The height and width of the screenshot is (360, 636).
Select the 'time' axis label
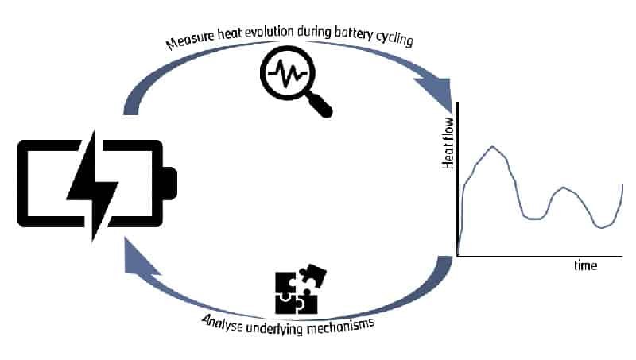[585, 265]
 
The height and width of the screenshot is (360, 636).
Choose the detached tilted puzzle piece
[313, 276]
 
